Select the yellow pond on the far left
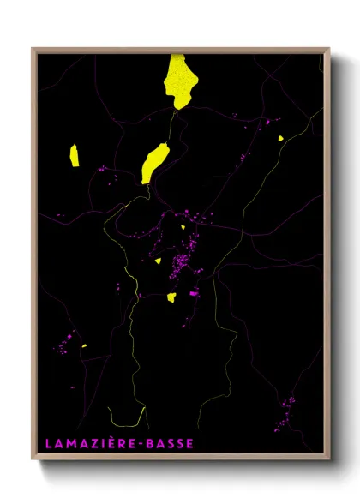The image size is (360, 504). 75,155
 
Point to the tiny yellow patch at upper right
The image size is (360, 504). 280,137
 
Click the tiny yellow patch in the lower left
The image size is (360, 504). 84,345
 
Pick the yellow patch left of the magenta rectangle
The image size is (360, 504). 171,297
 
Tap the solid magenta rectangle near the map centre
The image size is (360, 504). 194,293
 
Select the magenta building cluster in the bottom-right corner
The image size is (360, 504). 285,411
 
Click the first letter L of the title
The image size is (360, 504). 47,443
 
